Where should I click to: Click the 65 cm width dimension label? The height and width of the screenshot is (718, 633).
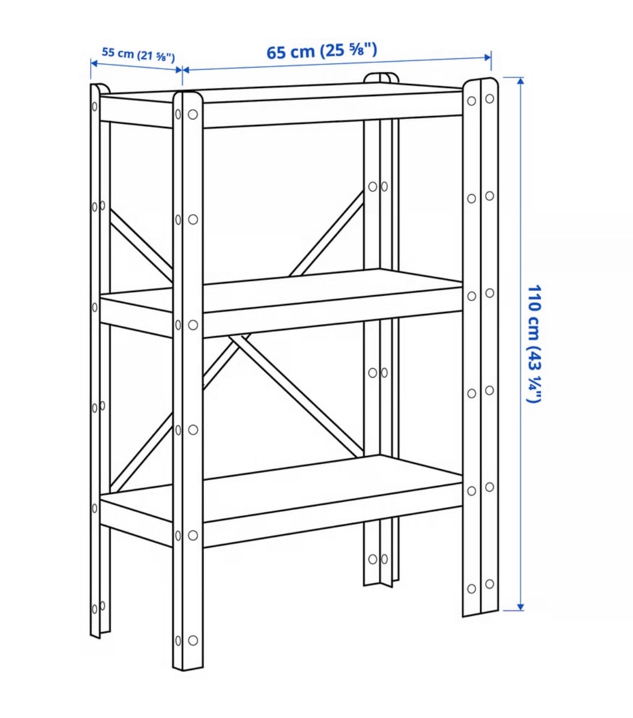click(321, 51)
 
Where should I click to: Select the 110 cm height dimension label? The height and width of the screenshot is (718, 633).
click(534, 343)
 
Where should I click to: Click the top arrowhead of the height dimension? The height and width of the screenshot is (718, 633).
click(520, 81)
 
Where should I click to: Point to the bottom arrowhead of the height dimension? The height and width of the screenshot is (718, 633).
click(520, 607)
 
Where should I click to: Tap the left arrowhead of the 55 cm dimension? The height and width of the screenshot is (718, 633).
click(94, 63)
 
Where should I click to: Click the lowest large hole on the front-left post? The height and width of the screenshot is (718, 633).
click(193, 641)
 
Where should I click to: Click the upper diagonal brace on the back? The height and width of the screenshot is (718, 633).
click(326, 235)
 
